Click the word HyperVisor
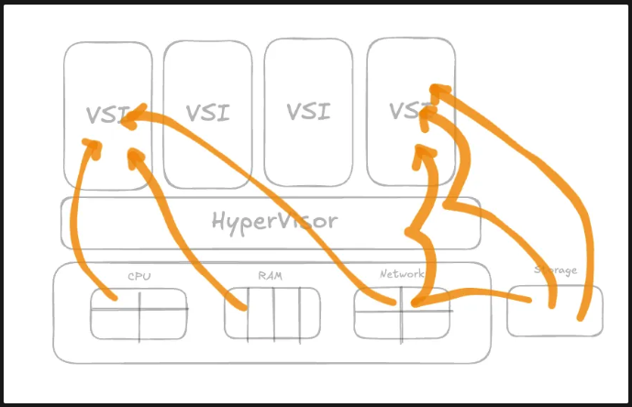[274, 221]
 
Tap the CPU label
[139, 274]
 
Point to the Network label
[401, 274]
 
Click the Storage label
[555, 270]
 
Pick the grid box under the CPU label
[139, 313]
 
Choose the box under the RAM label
[272, 313]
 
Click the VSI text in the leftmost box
[107, 115]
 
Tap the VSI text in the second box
[208, 113]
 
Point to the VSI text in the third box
[308, 112]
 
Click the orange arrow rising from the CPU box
[78, 220]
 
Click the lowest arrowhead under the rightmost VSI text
[423, 152]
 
